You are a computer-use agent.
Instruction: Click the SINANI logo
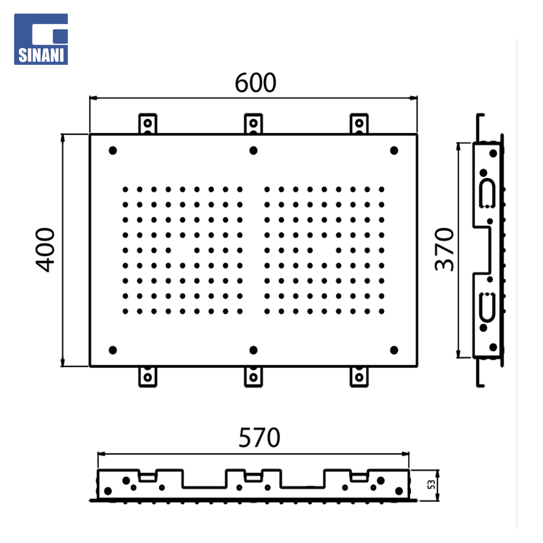[41, 39]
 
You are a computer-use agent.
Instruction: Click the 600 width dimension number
[255, 83]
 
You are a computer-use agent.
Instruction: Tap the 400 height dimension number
[45, 250]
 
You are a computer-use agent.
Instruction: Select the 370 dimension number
[444, 249]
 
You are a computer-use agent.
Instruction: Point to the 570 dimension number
[259, 438]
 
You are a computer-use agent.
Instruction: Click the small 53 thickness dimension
[431, 485]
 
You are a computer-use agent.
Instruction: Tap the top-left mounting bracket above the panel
[147, 123]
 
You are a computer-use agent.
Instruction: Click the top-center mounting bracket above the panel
[253, 123]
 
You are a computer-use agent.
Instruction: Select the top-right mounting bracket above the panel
[359, 123]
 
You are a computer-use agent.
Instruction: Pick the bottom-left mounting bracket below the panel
[147, 377]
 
